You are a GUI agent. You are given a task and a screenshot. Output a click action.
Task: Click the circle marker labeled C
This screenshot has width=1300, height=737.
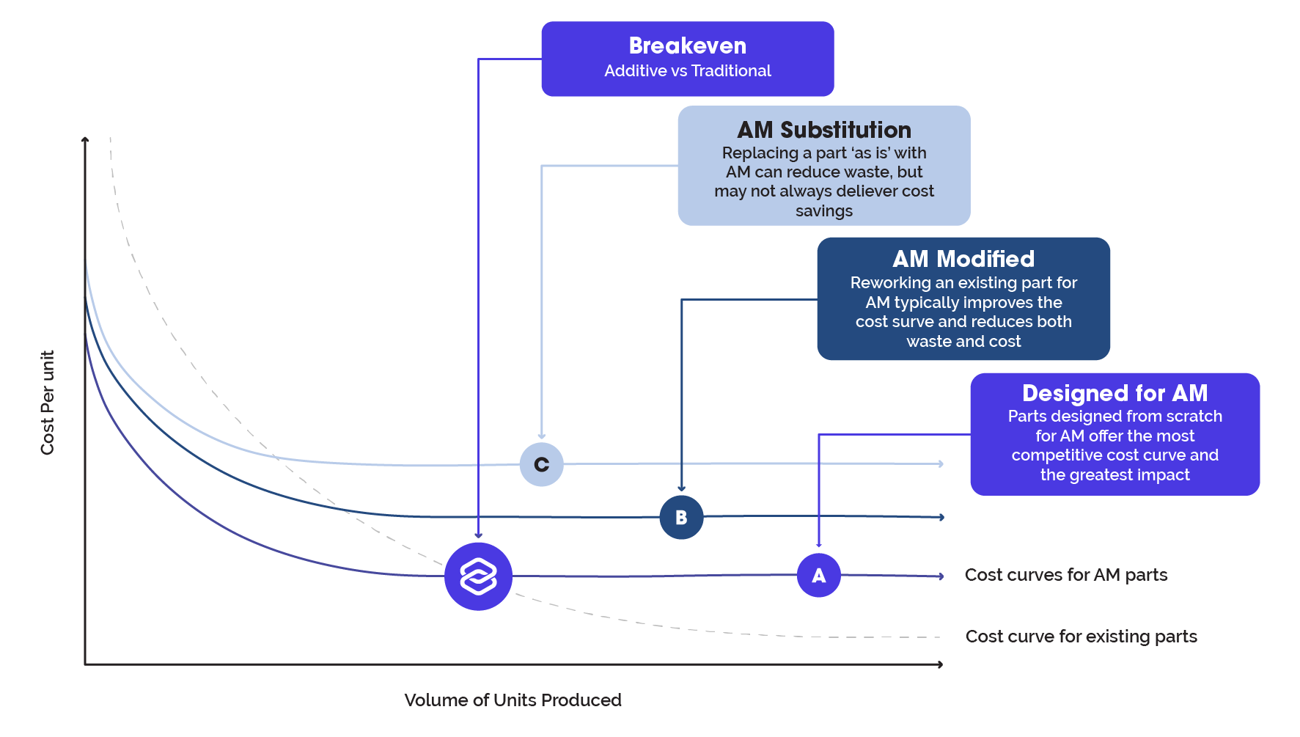coord(541,464)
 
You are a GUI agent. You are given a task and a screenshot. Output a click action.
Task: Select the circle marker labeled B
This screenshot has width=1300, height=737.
coord(681,517)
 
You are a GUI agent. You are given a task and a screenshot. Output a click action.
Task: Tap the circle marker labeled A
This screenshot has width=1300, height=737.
coord(818,575)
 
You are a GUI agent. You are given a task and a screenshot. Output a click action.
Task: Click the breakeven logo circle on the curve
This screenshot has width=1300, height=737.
coord(478,576)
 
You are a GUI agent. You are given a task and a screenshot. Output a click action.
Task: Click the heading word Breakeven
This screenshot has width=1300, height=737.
coord(688,45)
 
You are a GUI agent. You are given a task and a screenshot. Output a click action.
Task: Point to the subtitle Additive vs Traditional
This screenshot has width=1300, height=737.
coord(688,71)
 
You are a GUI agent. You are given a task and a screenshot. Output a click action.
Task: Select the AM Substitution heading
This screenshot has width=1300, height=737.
coord(824,130)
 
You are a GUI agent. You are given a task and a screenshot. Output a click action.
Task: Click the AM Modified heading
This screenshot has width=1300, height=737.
coord(963,259)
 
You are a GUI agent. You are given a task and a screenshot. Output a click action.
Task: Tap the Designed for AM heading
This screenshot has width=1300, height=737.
coord(1114,393)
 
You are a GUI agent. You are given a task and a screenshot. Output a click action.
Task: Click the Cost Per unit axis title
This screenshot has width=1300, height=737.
coord(48,403)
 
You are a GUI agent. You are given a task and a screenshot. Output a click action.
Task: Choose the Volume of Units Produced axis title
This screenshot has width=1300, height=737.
coord(513,700)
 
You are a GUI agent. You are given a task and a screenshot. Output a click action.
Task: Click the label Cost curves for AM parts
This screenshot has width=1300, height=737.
coord(1066,575)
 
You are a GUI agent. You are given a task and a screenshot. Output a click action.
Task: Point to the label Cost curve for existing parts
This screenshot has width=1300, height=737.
coord(1081,637)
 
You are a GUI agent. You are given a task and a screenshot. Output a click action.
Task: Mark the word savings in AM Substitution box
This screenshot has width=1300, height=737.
coord(824,211)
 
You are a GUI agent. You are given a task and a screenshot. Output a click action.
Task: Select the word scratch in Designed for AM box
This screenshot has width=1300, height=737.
coord(1194,417)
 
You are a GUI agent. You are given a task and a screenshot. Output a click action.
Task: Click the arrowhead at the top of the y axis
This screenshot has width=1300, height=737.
coord(85,139)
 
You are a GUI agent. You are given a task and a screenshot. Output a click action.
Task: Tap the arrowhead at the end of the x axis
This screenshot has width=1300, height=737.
coord(939,664)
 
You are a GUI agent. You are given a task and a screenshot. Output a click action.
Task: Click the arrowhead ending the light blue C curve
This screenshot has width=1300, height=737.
coord(940,463)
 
